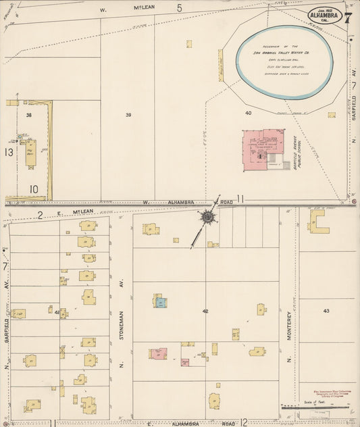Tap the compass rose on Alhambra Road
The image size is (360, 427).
click(x=207, y=218)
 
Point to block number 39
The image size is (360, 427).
click(x=128, y=115)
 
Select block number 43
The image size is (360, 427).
click(x=326, y=311)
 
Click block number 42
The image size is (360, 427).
click(x=205, y=311)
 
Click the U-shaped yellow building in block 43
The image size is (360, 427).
click(x=318, y=222)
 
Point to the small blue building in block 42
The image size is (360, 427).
click(x=161, y=303)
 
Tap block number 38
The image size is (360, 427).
click(x=29, y=116)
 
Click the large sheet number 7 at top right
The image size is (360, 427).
click(x=346, y=18)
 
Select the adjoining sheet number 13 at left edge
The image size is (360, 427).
click(x=8, y=153)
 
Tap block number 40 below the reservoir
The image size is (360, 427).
click(x=248, y=113)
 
